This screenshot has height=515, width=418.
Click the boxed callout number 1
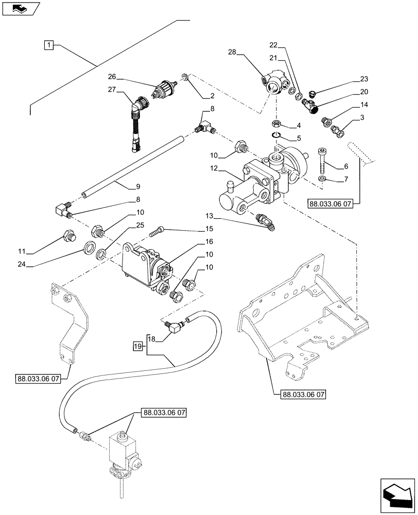pyautogui.click(x=47, y=46)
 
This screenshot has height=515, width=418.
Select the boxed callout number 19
pyautogui.click(x=137, y=346)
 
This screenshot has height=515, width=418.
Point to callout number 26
pyautogui.click(x=112, y=77)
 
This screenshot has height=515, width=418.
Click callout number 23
pyautogui.click(x=364, y=79)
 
